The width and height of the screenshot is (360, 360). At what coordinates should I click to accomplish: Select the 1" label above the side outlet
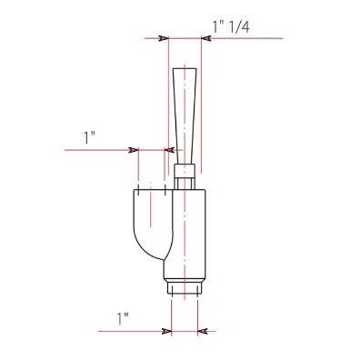tap(89, 137)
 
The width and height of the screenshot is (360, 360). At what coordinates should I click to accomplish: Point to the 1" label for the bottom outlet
tap(123, 319)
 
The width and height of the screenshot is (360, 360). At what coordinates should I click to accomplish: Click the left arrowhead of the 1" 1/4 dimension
tap(164, 38)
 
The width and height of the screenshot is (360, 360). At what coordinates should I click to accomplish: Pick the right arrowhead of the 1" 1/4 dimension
tap(206, 38)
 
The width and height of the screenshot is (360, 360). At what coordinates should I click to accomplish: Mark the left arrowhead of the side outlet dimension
tap(134, 150)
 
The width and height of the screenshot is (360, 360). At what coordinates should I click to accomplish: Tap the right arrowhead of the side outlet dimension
tap(169, 150)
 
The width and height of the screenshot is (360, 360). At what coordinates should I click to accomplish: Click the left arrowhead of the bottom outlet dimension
tap(166, 331)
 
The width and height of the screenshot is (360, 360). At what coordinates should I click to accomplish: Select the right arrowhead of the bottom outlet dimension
tap(203, 331)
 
